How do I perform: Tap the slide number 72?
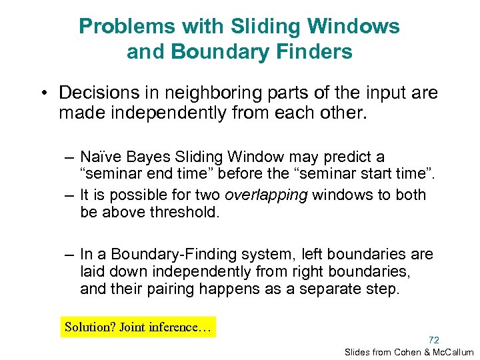click(433, 339)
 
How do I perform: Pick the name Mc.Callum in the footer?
click(454, 352)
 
